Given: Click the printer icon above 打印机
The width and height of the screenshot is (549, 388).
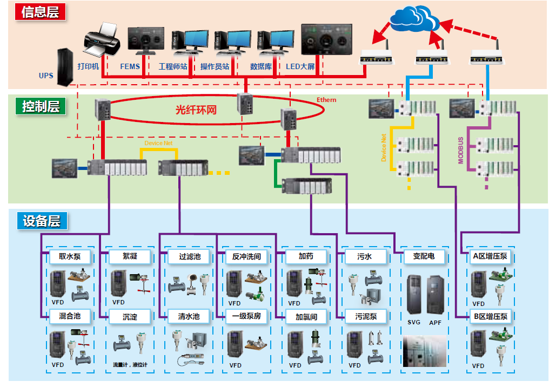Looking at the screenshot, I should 102,40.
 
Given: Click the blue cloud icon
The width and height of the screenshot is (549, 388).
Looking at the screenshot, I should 413,19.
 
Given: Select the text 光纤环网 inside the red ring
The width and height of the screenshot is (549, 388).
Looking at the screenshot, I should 196,110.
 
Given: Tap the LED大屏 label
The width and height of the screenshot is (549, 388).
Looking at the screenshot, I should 300,67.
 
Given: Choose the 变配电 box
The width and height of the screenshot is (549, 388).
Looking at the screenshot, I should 424,257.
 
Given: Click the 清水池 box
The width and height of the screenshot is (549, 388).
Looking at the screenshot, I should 189,316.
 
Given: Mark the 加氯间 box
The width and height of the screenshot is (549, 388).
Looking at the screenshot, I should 306,317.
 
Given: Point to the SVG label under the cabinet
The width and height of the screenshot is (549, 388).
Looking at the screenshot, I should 414,323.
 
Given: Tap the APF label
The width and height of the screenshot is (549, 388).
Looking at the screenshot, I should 435,323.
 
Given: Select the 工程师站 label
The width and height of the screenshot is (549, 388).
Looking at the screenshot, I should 172,67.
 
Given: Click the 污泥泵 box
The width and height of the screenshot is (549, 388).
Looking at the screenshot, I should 366,317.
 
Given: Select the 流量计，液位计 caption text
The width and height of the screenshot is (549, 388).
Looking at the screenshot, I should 130,365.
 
